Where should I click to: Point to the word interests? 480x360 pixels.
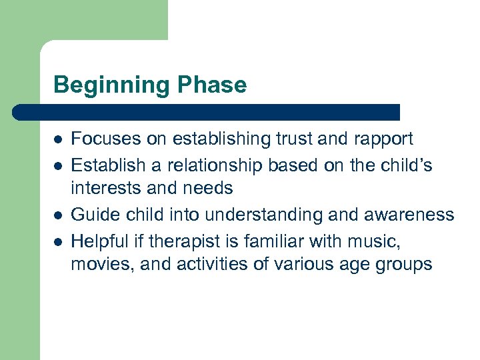pyautogui.click(x=107, y=189)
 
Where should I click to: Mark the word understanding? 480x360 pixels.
pyautogui.click(x=263, y=214)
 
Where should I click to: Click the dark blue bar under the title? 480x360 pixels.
pyautogui.click(x=207, y=112)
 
